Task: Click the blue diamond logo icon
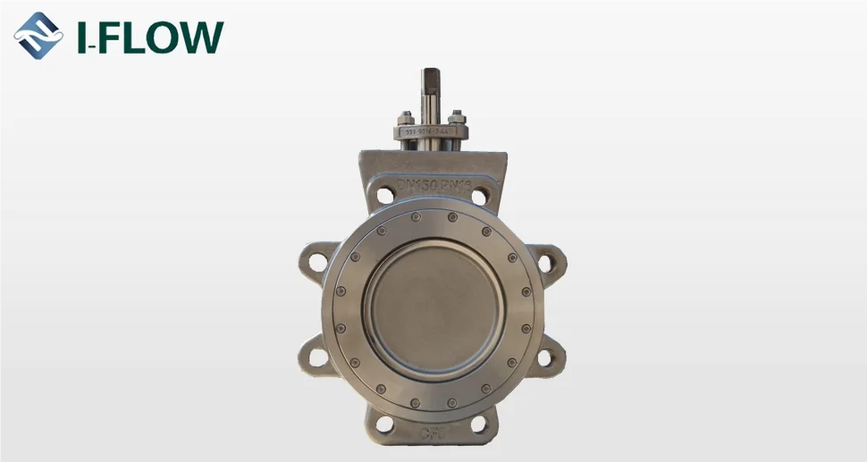pyautogui.click(x=38, y=36)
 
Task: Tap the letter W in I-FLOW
pyautogui.click(x=198, y=37)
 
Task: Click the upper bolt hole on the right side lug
pyautogui.click(x=544, y=263)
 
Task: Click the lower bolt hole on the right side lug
pyautogui.click(x=544, y=357)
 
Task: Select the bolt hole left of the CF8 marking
pyautogui.click(x=386, y=424)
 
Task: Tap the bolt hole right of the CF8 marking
pyautogui.click(x=478, y=424)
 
